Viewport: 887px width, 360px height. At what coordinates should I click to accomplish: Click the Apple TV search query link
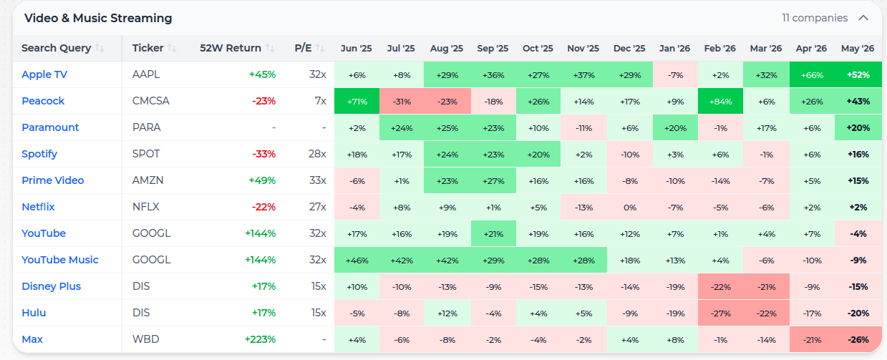coord(44,74)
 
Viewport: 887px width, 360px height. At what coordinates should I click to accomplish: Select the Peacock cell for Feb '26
coord(720,102)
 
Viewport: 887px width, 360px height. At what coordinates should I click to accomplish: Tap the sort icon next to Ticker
coord(172,49)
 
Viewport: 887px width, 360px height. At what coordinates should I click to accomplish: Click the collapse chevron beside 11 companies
coord(863,18)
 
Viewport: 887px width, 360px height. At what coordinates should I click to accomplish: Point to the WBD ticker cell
coord(146,339)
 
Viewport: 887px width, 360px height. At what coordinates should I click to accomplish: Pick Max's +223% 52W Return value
coord(260,339)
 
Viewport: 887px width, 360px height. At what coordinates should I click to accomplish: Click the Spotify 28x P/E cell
coord(317,154)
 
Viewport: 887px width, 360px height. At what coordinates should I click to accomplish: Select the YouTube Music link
coord(60,260)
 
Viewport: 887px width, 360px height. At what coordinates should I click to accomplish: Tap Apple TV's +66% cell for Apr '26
coord(812,75)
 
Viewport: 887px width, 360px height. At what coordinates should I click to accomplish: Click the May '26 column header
coord(858,49)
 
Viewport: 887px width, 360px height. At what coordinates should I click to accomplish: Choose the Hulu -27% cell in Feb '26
coord(720,313)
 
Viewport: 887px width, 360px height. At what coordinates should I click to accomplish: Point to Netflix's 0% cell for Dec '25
coord(629,208)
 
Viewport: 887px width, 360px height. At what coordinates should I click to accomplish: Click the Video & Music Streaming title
coord(98,18)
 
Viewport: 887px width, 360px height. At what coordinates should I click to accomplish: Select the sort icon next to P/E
coord(320,49)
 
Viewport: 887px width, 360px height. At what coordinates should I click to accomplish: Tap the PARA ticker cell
coord(147,127)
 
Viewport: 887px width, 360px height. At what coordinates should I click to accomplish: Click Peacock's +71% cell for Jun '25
coord(357,102)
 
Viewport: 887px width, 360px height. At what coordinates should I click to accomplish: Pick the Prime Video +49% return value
coord(262,180)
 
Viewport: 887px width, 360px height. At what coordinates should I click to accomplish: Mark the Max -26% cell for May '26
coord(858,340)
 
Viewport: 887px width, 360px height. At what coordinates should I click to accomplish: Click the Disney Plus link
coord(51,286)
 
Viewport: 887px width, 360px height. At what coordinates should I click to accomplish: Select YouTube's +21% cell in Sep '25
coord(493,233)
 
